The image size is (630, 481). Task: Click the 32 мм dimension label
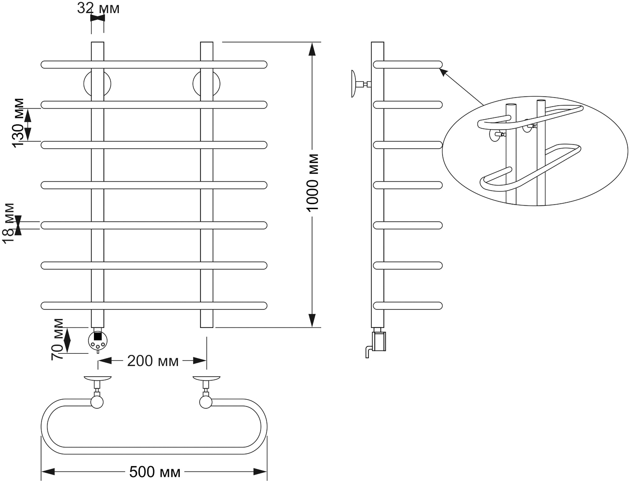[x=98, y=9]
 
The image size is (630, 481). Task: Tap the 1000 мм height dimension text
[x=312, y=183]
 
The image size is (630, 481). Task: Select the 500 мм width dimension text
[x=155, y=472]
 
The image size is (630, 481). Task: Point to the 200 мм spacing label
[x=153, y=361]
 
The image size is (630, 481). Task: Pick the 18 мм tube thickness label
[x=9, y=224]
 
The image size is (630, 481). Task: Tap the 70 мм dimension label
[x=57, y=339]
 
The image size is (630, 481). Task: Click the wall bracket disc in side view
[x=354, y=84]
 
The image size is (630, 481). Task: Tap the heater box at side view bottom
[x=379, y=341]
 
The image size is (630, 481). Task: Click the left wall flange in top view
[x=97, y=378]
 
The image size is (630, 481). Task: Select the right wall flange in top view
[x=206, y=378]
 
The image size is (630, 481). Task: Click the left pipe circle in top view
[x=97, y=402]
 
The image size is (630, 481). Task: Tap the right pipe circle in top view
[x=206, y=402]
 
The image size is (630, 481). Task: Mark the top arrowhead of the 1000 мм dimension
[x=312, y=49]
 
